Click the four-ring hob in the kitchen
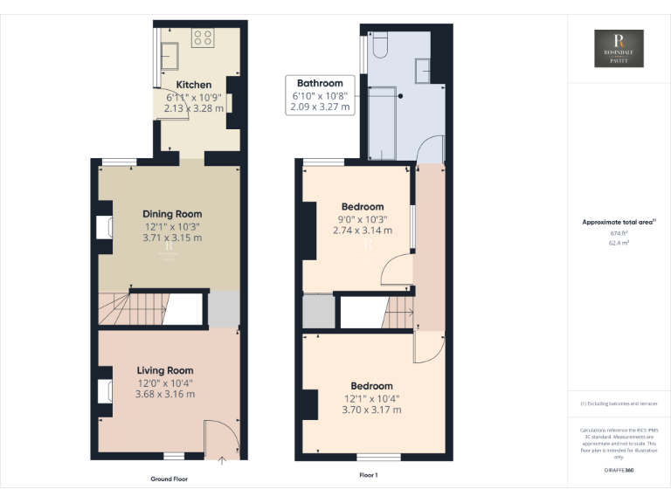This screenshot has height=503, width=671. pos(203,38)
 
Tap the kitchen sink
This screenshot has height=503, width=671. pos(170,56)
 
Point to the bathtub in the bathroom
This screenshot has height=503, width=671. pos(383,126)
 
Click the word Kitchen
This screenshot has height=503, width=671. pos(193,85)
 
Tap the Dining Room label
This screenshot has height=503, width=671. pos(172,214)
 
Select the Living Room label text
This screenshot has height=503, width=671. pos(165,371)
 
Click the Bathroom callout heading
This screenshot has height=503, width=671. pos(319,84)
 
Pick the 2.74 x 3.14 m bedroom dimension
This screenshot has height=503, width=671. pos(363,231)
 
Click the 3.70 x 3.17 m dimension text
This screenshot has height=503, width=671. pos(371,410)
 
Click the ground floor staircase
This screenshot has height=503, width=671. pos(131,310)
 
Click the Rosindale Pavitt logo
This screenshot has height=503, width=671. pos(619,49)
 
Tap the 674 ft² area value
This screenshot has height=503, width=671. pos(619,234)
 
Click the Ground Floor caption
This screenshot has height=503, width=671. pos(169,479)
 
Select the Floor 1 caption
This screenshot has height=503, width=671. pos(369,476)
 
